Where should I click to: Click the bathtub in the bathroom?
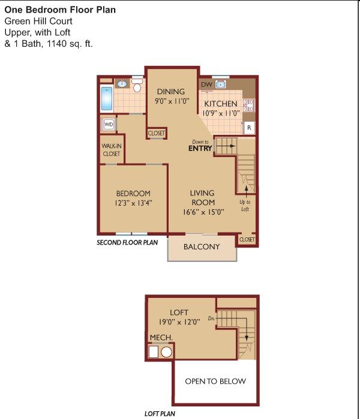(x=107, y=98)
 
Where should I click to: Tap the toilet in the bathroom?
(x=137, y=85)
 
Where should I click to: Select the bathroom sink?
(x=122, y=84)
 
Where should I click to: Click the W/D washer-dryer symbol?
(x=109, y=124)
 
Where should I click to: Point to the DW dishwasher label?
(x=206, y=85)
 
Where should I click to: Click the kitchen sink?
(x=221, y=85)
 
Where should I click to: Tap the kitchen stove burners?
(x=248, y=105)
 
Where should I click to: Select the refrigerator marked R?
(x=249, y=128)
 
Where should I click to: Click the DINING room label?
(x=171, y=92)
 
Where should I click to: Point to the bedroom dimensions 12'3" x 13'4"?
(x=133, y=203)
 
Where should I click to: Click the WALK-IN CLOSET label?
(x=112, y=150)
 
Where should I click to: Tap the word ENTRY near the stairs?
(x=200, y=148)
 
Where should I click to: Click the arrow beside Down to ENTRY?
(x=226, y=146)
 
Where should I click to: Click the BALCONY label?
(x=202, y=246)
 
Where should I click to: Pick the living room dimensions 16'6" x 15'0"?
(x=203, y=212)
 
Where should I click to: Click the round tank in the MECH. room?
(x=166, y=352)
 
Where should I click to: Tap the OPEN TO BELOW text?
(x=215, y=381)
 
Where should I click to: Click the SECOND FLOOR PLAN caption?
(x=127, y=243)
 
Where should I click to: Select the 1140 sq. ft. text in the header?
(x=70, y=44)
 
